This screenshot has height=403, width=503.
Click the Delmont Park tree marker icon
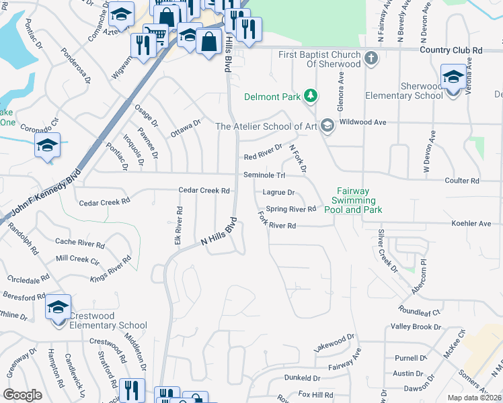point(310,97)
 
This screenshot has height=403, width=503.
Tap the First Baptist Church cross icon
point(372,59)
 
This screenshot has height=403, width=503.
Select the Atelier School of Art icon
point(327,126)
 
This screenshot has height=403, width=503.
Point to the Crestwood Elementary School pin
point(59,308)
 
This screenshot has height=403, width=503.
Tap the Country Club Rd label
point(451,50)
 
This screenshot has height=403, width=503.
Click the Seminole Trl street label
point(264,175)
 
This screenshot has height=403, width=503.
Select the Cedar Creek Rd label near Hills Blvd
point(204,190)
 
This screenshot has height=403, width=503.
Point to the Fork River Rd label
point(277,220)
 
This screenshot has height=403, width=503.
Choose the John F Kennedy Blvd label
point(41,195)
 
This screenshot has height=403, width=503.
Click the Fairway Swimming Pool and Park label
point(352,200)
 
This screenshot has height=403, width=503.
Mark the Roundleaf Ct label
point(418,312)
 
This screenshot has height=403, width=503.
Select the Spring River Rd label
point(291,209)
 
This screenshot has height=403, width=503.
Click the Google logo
point(22,395)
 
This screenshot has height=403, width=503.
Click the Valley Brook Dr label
point(416,327)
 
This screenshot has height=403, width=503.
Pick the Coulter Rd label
point(461,181)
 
